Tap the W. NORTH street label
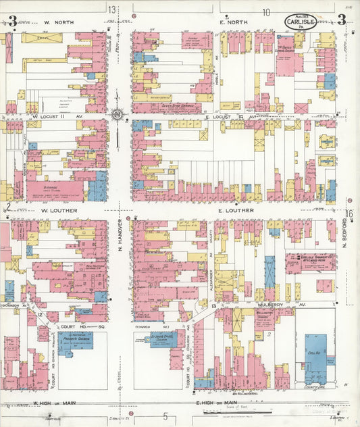coord(58,22)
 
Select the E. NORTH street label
coord(234,22)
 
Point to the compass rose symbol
coord(118,115)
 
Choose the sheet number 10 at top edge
coord(266,11)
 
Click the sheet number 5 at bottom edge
coord(164,420)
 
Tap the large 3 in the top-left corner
coord(11,21)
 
